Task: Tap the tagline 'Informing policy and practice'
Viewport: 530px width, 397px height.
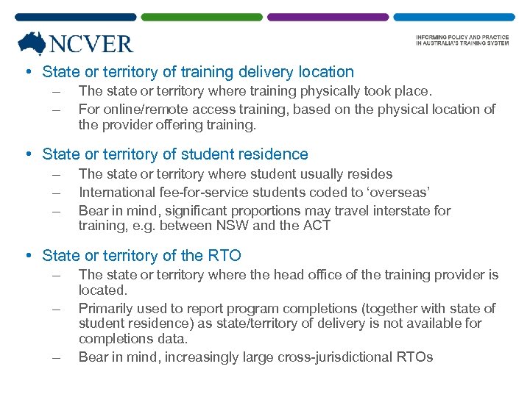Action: point(462,37)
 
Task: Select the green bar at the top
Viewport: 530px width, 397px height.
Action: point(201,16)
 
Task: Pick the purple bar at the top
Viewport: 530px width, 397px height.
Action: point(328,16)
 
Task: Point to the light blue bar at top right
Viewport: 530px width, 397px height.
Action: point(453,16)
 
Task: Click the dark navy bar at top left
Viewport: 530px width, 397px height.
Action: point(75,16)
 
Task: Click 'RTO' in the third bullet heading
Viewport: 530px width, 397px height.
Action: point(225,256)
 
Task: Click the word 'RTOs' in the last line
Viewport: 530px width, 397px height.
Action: point(414,358)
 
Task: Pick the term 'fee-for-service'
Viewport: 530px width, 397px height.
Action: point(198,193)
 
